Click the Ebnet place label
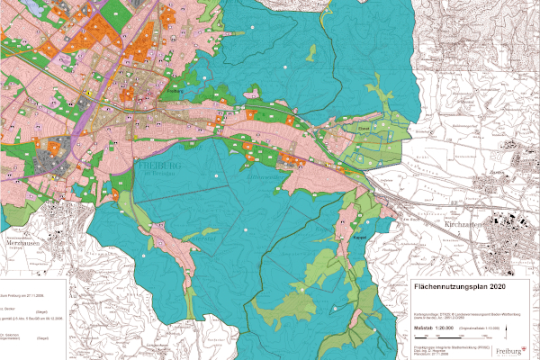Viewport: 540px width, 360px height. [364, 129]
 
